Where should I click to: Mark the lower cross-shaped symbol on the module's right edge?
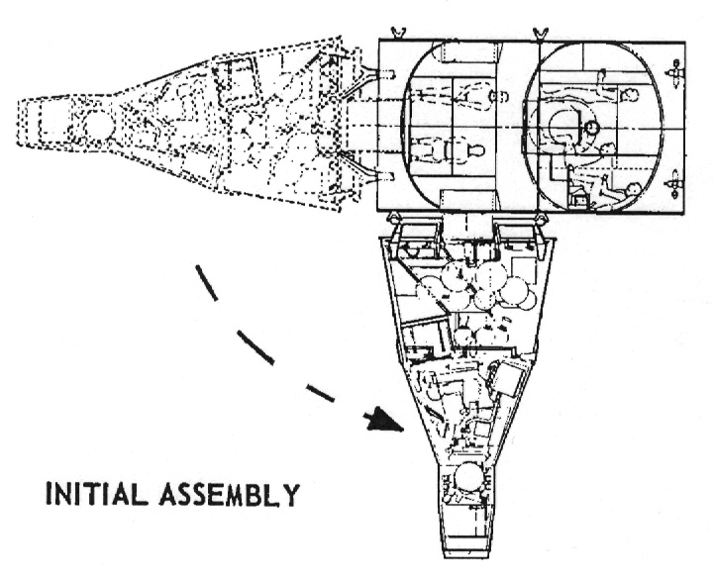click(676, 181)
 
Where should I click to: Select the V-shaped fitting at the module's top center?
click(537, 33)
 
